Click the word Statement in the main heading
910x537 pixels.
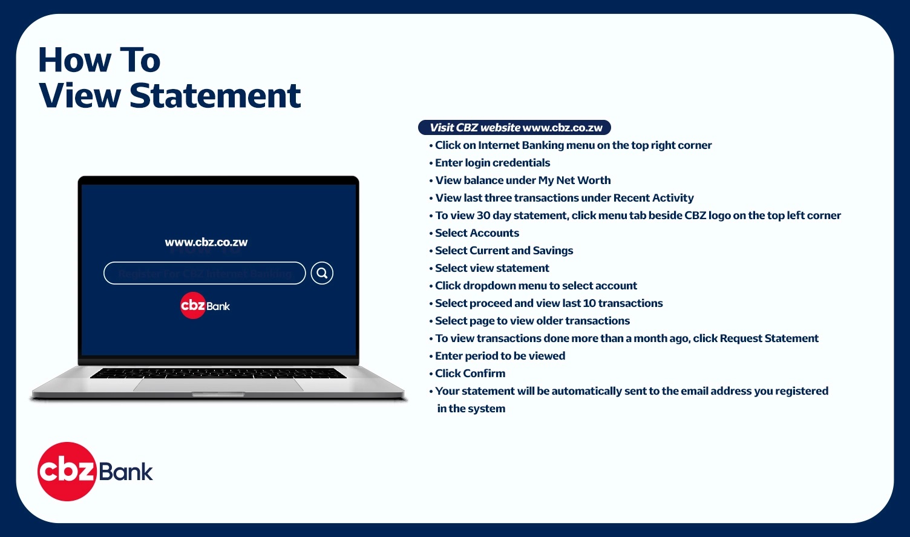click(x=215, y=96)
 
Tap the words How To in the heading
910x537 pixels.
click(x=99, y=60)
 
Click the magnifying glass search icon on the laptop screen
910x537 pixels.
click(x=322, y=273)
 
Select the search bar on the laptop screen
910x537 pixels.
click(x=205, y=273)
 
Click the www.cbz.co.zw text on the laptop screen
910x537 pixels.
click(x=206, y=242)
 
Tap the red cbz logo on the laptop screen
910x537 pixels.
click(x=193, y=306)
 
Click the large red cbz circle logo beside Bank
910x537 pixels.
click(x=67, y=472)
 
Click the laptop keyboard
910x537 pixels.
click(x=218, y=373)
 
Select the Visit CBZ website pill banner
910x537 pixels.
click(x=514, y=128)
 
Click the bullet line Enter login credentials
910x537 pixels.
click(x=493, y=163)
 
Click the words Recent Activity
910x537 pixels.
click(x=653, y=198)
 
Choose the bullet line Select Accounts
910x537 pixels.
click(x=477, y=233)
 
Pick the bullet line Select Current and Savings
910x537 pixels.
click(x=504, y=251)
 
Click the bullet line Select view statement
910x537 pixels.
click(x=492, y=268)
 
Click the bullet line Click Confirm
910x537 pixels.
click(x=470, y=374)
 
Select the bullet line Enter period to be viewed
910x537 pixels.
click(x=500, y=356)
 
